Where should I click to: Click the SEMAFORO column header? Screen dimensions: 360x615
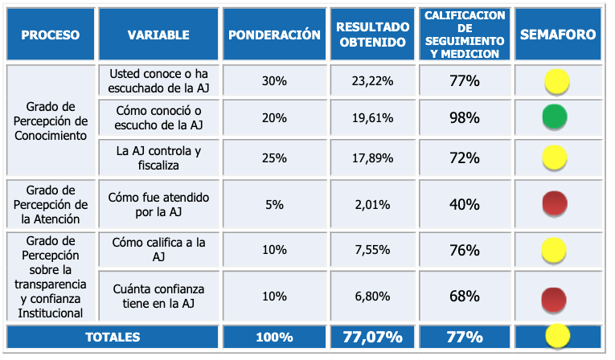(558, 35)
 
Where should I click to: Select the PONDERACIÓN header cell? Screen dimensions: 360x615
(274, 35)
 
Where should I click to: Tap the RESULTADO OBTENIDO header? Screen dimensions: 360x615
(371, 35)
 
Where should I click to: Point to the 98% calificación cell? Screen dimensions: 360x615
(465, 117)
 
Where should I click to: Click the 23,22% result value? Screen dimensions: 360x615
(372, 81)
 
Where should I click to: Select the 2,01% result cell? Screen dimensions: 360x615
(372, 204)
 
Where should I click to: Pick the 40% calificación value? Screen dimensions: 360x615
(465, 204)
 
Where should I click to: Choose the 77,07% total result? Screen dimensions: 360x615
(372, 337)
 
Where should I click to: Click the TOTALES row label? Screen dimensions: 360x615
(113, 337)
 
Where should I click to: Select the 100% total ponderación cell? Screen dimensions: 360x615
(274, 337)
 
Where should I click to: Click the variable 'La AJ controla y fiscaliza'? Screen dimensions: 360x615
(158, 157)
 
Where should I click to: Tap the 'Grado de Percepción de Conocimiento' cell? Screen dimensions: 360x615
(51, 121)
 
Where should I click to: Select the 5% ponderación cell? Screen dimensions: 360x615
(274, 204)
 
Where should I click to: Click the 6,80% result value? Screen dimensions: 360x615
(372, 297)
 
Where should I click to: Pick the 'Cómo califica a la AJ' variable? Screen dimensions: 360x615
(158, 250)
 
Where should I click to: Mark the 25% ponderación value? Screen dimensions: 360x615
(274, 157)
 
